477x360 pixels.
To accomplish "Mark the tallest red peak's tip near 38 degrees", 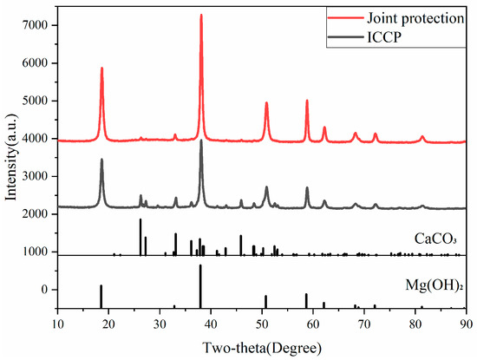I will (x=201, y=15).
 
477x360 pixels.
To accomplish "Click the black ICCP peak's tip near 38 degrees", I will (x=201, y=141).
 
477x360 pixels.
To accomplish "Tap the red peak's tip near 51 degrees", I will (x=266, y=103).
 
